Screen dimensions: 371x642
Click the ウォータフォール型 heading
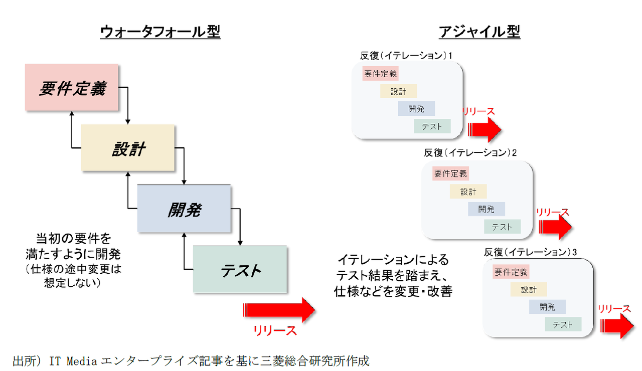(x=160, y=32)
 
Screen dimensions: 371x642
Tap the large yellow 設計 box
(x=128, y=148)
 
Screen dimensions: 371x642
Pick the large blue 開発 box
(x=184, y=209)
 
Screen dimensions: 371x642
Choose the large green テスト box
(x=240, y=270)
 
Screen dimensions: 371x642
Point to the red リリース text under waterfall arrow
(x=275, y=331)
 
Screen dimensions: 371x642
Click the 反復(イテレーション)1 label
(x=406, y=56)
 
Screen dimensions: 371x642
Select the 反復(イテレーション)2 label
(x=470, y=152)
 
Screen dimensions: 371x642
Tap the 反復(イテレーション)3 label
(x=531, y=251)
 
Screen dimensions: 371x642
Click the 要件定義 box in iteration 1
(x=380, y=74)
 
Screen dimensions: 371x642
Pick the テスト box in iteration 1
(x=432, y=126)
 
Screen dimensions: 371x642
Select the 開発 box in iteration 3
(x=547, y=307)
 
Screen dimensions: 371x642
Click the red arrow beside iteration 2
(x=555, y=229)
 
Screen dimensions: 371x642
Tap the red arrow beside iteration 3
(x=616, y=326)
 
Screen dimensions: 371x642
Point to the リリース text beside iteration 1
(x=478, y=111)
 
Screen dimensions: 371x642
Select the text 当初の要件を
(x=73, y=237)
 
